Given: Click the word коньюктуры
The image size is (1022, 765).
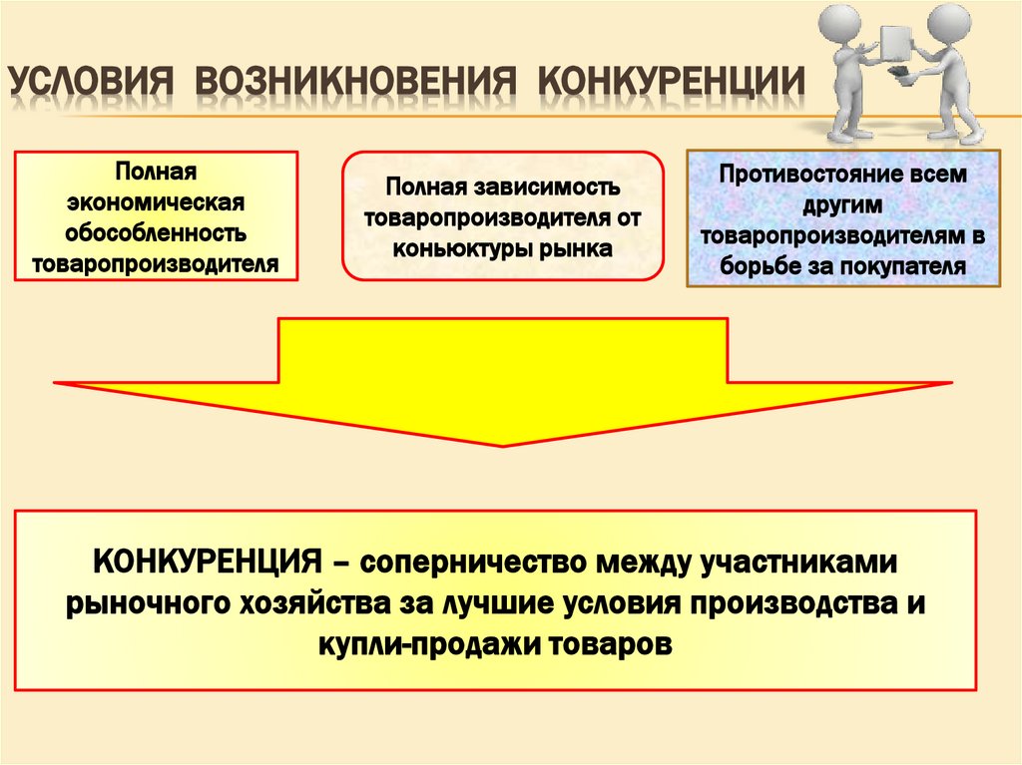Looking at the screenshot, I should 448,245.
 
